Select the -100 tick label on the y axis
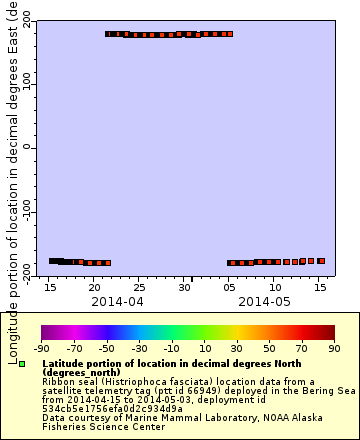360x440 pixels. point(25,212)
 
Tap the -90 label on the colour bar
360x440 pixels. point(41,348)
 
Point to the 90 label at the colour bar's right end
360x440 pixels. point(334,348)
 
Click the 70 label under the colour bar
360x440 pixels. point(302,348)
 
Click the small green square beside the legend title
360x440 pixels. point(22,364)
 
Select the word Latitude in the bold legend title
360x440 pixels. point(66,363)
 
